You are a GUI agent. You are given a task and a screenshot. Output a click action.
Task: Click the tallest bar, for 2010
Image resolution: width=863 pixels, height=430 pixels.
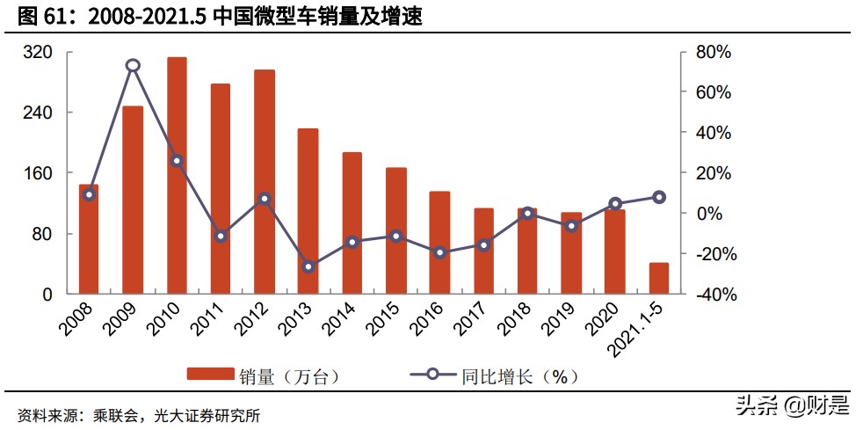[177, 175]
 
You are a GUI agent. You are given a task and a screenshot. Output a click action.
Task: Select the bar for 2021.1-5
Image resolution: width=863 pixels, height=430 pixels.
[659, 278]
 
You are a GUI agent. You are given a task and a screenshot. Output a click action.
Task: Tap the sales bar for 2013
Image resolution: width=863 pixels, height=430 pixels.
[308, 211]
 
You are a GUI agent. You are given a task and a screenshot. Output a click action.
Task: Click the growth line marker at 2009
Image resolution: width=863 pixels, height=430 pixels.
[133, 65]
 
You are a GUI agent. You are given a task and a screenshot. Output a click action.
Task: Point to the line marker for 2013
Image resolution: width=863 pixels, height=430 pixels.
[308, 266]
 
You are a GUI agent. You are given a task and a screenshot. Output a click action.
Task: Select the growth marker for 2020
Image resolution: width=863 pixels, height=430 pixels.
[615, 204]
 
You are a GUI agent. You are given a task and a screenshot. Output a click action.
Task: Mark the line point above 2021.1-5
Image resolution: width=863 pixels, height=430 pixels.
[659, 198]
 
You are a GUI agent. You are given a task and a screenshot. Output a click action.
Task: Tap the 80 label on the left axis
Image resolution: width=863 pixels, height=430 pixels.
[44, 234]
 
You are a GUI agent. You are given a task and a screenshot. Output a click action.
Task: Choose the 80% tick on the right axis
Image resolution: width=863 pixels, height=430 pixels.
[713, 53]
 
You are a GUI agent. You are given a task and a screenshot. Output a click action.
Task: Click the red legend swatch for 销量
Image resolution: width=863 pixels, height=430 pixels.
[210, 375]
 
